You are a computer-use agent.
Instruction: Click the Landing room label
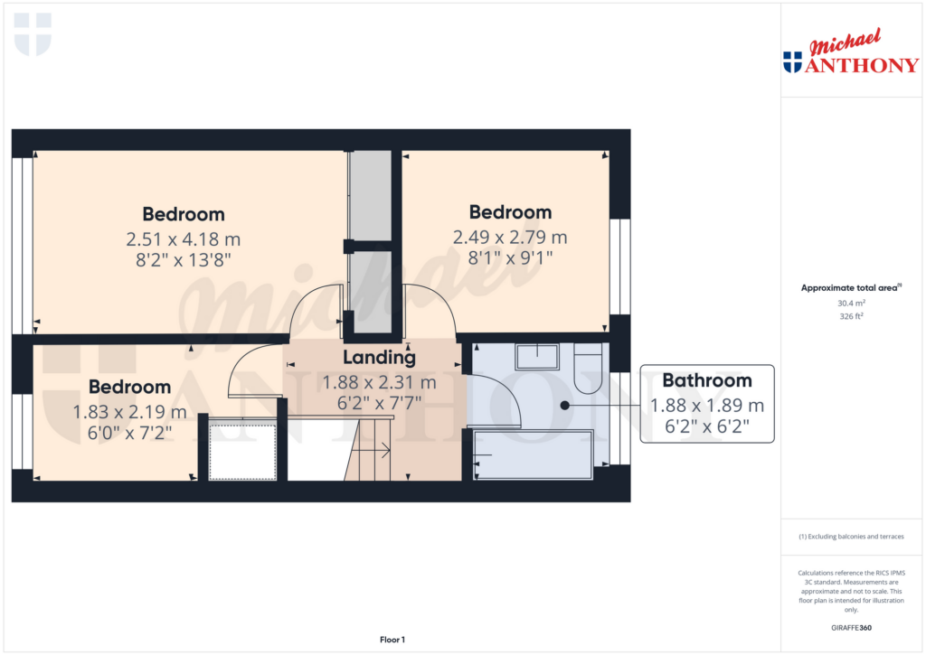click(x=379, y=358)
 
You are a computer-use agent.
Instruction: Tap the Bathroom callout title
click(x=707, y=380)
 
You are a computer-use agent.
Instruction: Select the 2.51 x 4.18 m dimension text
click(x=183, y=239)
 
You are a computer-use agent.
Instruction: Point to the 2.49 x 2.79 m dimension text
click(x=510, y=238)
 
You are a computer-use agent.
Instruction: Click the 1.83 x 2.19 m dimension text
click(x=129, y=412)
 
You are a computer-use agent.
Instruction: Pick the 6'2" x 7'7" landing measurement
click(x=379, y=403)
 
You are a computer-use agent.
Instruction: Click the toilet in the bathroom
click(x=588, y=369)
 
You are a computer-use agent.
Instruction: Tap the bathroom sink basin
click(x=537, y=357)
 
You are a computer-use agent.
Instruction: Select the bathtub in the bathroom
click(x=534, y=455)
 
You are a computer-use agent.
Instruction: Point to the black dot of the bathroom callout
click(x=564, y=406)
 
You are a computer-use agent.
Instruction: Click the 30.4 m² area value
click(x=851, y=304)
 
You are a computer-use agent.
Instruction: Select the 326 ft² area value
click(x=851, y=316)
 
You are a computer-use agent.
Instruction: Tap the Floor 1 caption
click(x=392, y=640)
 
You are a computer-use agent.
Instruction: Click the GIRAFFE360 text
click(x=851, y=628)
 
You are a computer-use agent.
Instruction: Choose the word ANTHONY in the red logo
click(x=862, y=65)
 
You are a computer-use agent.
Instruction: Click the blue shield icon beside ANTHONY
click(x=792, y=62)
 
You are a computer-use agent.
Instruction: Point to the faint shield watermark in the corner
click(x=33, y=35)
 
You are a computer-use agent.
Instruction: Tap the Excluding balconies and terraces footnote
click(x=851, y=537)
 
